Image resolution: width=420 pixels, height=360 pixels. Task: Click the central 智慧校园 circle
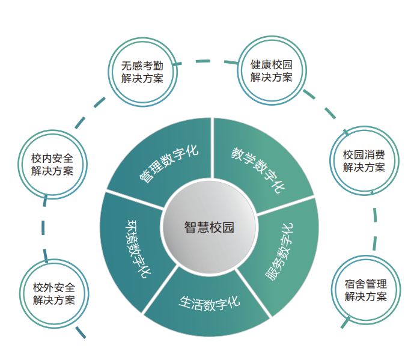point(208,228)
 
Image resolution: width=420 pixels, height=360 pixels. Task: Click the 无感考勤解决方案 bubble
point(142,72)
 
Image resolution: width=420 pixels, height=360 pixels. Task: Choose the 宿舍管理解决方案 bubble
point(366,290)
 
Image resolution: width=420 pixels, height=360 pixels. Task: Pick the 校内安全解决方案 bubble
point(53,164)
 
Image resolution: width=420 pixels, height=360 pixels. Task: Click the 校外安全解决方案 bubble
point(54,293)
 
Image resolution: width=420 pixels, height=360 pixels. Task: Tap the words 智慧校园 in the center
point(208,228)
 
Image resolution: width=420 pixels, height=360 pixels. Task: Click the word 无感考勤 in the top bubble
point(142,66)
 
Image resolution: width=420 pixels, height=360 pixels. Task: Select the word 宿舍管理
point(366,284)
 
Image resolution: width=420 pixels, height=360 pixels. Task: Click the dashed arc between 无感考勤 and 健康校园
point(207,61)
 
